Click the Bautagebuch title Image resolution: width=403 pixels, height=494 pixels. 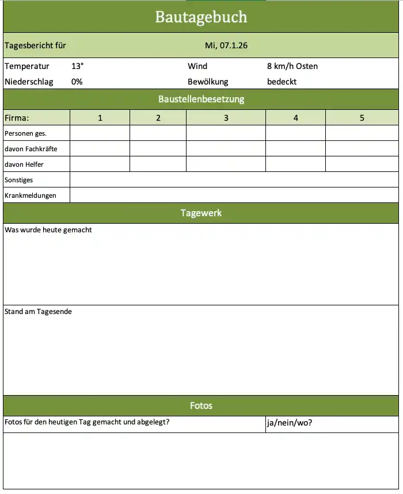click(x=201, y=17)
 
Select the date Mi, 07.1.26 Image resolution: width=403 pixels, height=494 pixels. click(x=226, y=45)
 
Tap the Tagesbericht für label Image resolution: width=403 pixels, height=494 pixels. click(x=35, y=45)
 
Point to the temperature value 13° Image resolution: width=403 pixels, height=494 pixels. click(x=78, y=66)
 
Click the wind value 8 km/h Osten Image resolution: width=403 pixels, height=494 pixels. click(x=292, y=66)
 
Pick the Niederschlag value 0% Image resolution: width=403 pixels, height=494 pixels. click(x=77, y=82)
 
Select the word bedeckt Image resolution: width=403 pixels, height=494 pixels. click(x=282, y=82)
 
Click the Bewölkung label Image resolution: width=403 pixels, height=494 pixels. click(x=208, y=82)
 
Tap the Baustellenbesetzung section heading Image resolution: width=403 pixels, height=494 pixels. click(x=201, y=99)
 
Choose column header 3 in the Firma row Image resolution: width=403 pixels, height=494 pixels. click(x=226, y=118)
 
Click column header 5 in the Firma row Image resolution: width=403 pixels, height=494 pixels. click(x=362, y=118)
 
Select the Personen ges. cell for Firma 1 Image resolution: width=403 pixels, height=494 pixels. click(x=100, y=133)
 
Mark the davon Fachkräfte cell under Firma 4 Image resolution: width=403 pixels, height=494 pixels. click(x=295, y=149)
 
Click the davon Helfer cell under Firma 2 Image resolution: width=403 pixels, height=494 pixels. click(x=158, y=164)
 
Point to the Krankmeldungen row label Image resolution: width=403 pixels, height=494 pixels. click(x=31, y=196)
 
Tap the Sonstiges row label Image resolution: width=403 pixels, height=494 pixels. click(x=19, y=180)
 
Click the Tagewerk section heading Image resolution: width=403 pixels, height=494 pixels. click(x=201, y=213)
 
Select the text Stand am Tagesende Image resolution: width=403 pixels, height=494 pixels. click(x=38, y=312)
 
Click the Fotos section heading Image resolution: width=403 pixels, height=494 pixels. click(x=201, y=406)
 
